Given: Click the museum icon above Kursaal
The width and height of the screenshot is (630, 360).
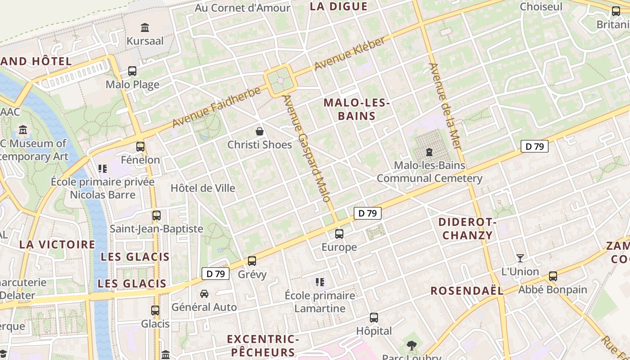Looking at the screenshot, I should pos(145,27).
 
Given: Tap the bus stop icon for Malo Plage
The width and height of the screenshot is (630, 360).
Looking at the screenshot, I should pos(132,71).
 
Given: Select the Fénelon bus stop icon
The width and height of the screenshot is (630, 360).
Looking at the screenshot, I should pos(140,146).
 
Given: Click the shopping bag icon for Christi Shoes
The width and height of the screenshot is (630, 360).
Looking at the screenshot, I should pos(260,131).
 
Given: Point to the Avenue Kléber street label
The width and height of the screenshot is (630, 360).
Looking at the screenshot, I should pos(350,54).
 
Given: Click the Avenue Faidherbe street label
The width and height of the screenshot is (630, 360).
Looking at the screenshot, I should pos(216,107).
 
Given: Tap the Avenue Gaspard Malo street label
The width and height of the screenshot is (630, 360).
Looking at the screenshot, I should pos(307,148).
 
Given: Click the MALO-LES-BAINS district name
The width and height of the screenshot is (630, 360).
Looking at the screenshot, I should pos(356,109).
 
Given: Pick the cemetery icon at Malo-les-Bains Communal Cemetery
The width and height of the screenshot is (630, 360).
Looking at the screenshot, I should pos(429,152).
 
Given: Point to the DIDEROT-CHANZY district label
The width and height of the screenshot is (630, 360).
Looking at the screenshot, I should pos(467,229).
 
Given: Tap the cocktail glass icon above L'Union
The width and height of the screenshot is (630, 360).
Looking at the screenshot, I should pos(520,258).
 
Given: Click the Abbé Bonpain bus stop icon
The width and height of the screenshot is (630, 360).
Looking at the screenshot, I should pos(553,276).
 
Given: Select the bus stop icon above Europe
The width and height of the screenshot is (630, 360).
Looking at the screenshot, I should pos(339,234).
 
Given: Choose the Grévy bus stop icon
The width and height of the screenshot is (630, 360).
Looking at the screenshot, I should pos(252,261).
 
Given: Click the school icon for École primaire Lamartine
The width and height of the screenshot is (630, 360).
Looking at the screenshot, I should pos(320,282).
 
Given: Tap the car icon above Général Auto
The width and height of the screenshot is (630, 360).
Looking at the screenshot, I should pos(204,294).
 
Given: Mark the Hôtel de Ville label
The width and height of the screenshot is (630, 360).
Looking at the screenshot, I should pos(203,188).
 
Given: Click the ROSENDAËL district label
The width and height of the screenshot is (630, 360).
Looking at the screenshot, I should pos(467,291).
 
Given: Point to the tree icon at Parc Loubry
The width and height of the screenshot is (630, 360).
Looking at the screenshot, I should pos(411,346).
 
